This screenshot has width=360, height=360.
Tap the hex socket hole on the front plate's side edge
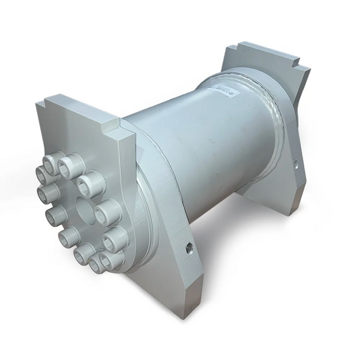[x=190, y=248]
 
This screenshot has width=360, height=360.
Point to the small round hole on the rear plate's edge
[x=296, y=162]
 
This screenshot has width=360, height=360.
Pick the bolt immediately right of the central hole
[x=108, y=211]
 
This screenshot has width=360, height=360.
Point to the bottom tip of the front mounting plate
[x=191, y=312]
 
